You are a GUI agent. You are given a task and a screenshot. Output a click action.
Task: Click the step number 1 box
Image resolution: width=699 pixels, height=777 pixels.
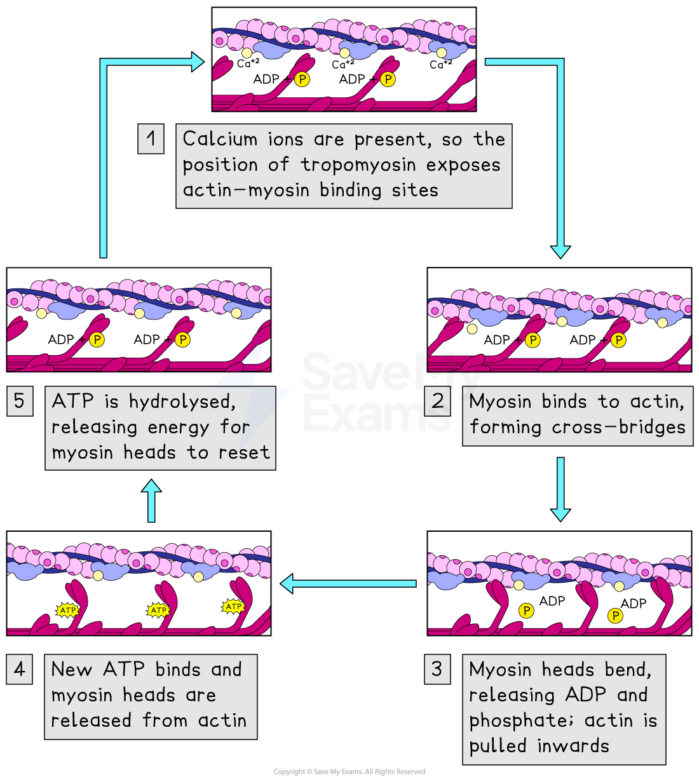151,139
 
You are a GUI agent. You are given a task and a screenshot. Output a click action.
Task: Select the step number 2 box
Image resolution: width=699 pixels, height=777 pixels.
438,401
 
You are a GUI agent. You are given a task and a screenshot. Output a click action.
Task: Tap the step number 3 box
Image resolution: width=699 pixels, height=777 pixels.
437,669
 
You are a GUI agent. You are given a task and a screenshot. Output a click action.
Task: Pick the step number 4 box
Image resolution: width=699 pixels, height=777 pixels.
20,669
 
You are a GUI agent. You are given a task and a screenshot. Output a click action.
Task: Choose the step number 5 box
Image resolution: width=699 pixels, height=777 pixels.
20,401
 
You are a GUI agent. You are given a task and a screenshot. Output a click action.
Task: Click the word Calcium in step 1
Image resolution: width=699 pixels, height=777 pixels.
220,139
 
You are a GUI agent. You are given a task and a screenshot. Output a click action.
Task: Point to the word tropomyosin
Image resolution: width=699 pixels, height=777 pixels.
358,165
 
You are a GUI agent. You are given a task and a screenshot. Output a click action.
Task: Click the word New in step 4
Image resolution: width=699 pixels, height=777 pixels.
72,669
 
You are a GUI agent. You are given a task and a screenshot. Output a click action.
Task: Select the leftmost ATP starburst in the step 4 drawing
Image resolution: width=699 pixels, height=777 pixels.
67,611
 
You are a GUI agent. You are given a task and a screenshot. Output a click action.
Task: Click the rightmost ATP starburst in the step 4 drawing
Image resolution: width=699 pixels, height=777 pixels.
234,607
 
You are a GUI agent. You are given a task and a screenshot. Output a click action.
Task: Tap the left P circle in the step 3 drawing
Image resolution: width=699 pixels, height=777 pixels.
526,611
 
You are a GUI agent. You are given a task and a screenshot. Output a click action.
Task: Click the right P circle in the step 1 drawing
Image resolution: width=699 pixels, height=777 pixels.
388,79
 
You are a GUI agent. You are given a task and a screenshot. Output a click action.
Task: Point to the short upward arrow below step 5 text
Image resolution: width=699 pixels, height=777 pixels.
151,501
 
